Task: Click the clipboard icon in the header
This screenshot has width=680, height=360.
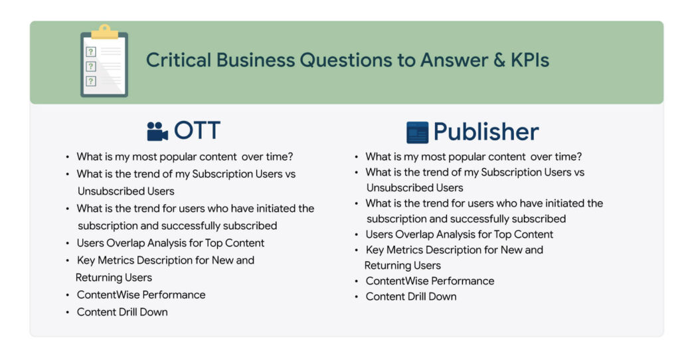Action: [x=104, y=60]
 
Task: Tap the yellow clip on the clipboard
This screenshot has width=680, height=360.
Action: [x=104, y=32]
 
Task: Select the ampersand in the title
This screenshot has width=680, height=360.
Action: [x=499, y=60]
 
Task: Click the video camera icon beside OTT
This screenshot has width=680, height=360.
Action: [x=157, y=131]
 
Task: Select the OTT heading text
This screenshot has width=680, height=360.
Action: [x=197, y=130]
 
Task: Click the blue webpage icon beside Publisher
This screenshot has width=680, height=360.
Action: [x=417, y=132]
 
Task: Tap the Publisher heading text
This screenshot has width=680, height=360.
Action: [x=486, y=132]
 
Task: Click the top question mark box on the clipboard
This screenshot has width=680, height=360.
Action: [x=90, y=52]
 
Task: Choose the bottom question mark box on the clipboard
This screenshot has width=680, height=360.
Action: [x=90, y=81]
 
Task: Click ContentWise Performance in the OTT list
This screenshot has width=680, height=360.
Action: [x=141, y=295]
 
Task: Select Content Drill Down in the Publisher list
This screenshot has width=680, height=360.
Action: [x=411, y=297]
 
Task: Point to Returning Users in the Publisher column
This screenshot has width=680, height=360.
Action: [x=402, y=266]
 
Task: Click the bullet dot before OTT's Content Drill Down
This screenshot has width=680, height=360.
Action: [x=67, y=312]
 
